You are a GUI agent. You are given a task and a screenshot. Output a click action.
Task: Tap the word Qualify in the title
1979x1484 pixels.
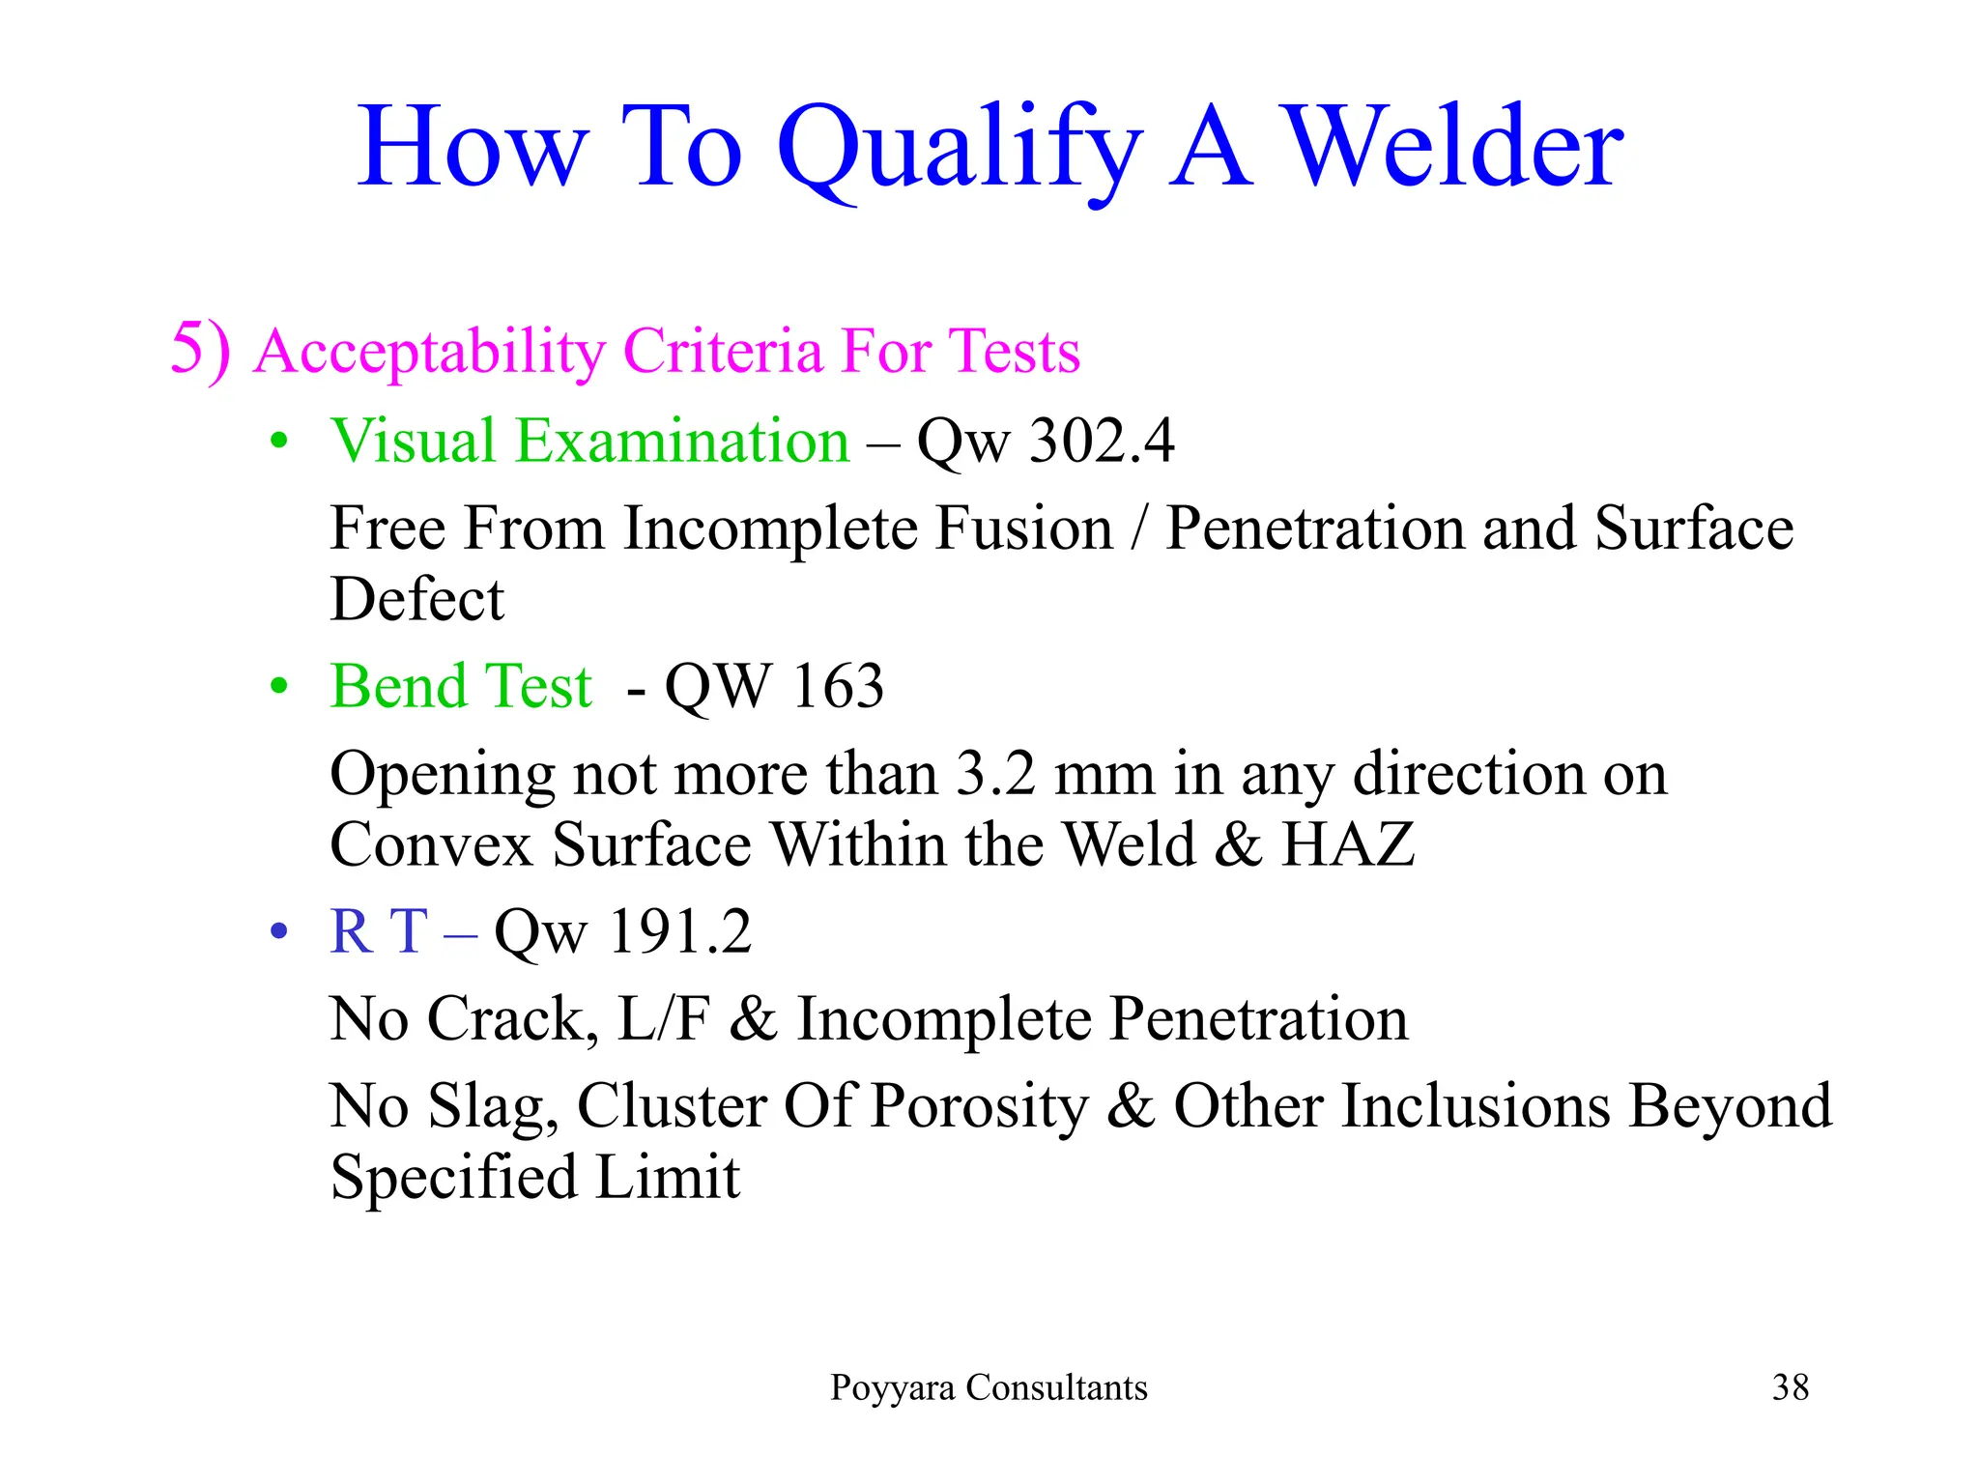[959, 150]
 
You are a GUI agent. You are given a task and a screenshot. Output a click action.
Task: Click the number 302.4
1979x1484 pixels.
[1102, 442]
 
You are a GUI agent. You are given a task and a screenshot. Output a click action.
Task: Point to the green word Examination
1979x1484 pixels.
[682, 442]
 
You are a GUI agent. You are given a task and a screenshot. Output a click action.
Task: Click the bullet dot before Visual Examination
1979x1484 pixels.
[280, 442]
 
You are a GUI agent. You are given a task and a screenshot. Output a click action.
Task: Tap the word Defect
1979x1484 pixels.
[416, 599]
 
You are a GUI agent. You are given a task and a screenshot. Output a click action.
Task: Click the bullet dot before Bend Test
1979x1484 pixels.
[280, 687]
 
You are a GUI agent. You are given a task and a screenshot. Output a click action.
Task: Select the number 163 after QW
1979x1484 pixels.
[837, 687]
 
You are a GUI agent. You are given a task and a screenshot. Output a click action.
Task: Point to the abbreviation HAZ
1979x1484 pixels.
[1347, 844]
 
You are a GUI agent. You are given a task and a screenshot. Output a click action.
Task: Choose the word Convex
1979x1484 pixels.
[430, 844]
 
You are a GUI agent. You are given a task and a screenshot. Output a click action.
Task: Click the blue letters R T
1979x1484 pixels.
[379, 932]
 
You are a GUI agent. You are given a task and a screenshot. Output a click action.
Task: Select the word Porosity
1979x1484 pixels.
[979, 1106]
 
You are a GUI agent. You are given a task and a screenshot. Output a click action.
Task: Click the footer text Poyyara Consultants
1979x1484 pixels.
[989, 1387]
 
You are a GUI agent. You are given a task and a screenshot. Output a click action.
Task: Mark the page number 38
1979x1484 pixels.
[1790, 1387]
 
